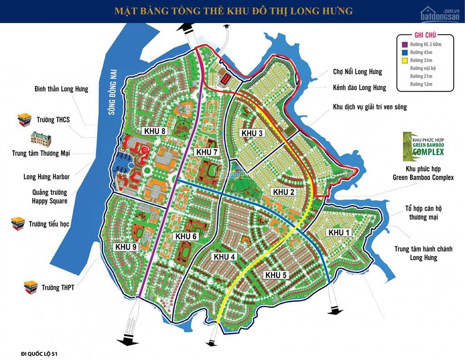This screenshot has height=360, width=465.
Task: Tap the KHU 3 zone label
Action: (x=252, y=133)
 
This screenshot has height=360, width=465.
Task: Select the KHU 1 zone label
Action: (x=339, y=232)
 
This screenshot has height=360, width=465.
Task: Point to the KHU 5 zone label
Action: (x=277, y=275)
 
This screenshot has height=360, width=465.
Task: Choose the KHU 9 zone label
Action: (x=126, y=247)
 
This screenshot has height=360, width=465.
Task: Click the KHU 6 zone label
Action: (x=186, y=237)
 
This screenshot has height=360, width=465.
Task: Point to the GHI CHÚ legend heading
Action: (x=426, y=35)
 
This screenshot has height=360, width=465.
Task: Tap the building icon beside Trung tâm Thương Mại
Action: (x=40, y=138)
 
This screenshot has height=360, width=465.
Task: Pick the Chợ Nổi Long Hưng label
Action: (x=357, y=72)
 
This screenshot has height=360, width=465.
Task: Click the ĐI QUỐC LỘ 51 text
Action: (x=40, y=353)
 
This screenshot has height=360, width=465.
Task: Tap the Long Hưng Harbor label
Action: (x=46, y=177)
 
